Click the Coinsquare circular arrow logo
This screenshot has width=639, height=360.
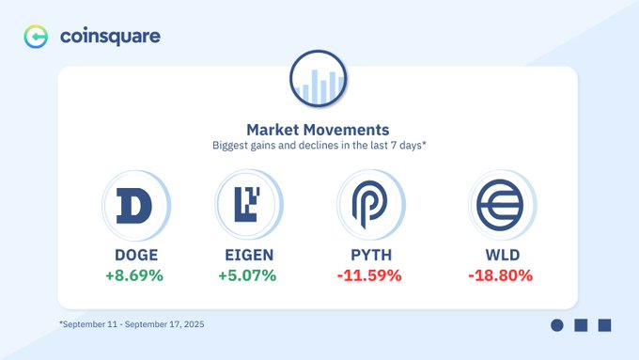[36, 37]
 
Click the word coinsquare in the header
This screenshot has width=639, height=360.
[110, 37]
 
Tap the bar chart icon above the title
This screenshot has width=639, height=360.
[319, 78]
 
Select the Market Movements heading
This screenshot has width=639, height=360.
[318, 130]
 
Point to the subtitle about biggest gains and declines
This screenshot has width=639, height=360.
[319, 145]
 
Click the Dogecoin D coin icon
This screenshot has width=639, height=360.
[136, 206]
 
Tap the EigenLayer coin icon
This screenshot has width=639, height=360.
[249, 204]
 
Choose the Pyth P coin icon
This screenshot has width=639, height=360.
[371, 204]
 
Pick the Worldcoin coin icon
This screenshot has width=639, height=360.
[502, 205]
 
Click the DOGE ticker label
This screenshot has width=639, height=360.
[136, 256]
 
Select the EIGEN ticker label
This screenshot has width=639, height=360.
[249, 256]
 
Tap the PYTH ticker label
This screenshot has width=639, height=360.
[371, 256]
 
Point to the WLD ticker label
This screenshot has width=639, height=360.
[503, 256]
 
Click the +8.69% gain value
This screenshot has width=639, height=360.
[134, 275]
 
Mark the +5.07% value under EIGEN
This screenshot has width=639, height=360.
[247, 275]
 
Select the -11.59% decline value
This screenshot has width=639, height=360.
[369, 275]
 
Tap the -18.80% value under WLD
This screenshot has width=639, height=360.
[501, 275]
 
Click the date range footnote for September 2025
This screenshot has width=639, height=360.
[132, 324]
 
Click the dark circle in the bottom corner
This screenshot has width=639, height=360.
[557, 325]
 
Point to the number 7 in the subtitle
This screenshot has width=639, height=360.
[394, 145]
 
